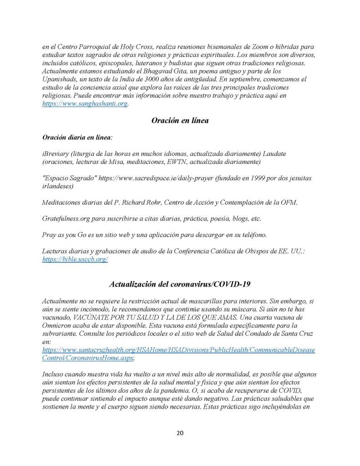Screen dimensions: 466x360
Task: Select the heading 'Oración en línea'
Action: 180,121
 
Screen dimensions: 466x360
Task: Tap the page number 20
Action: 180,433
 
